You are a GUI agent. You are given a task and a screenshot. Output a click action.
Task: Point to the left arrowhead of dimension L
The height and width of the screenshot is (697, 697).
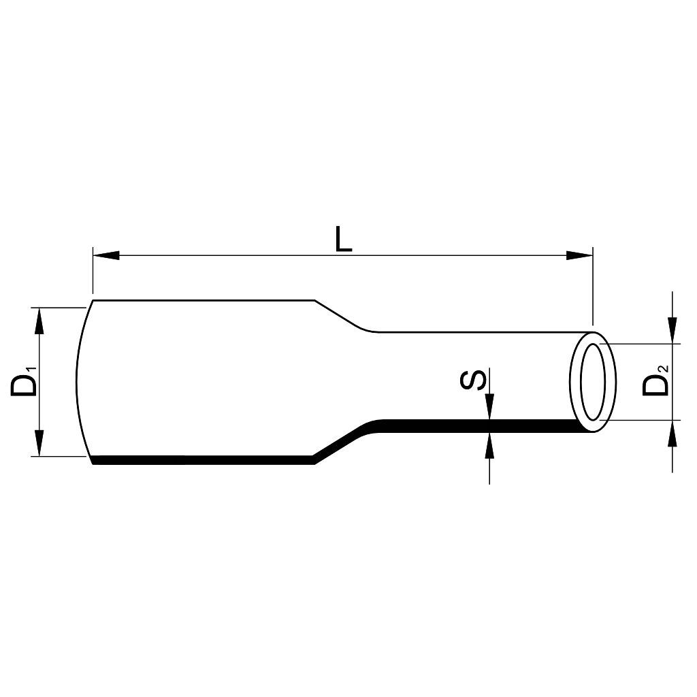106,256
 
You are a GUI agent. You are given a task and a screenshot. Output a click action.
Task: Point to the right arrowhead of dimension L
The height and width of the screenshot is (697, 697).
580,256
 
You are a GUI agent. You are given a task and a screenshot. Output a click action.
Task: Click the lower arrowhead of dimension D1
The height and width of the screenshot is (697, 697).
39,442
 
